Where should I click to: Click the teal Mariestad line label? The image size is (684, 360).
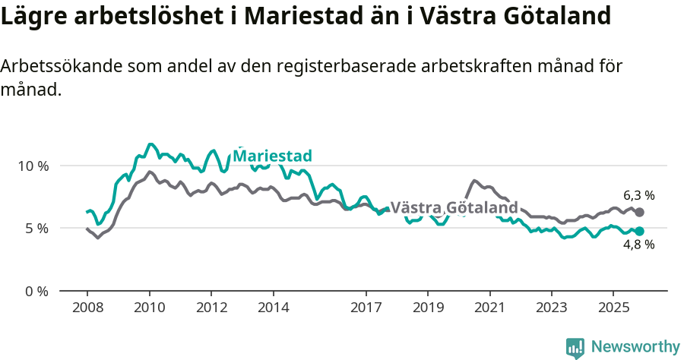pos(272,156)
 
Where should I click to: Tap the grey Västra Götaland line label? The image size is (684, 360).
pos(454,208)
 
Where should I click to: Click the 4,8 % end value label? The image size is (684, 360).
pos(639,245)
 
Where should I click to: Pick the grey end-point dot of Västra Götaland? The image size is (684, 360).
pos(639,213)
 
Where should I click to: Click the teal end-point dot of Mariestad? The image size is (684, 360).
pos(639,231)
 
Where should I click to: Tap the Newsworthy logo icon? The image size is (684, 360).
pos(575,347)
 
